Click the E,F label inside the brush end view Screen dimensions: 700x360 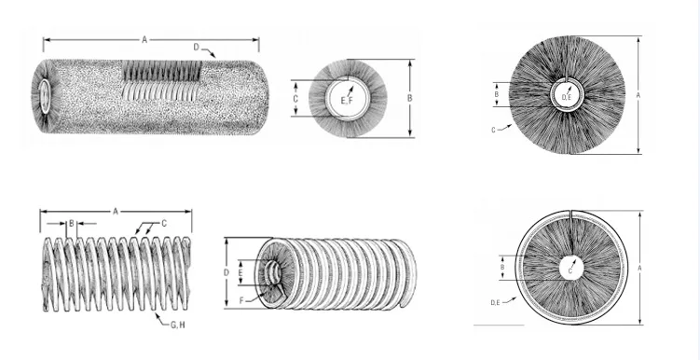tap(347, 101)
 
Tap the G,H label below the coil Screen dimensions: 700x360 tap(177, 325)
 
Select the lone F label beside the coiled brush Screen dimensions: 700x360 tap(242, 300)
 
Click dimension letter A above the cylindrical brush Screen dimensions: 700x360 tap(144, 40)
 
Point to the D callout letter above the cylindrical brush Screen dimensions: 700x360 tap(196, 47)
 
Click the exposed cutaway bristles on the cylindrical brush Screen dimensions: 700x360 tap(162, 71)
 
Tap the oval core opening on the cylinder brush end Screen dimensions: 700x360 tap(45, 96)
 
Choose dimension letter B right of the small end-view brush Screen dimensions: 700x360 tap(410, 98)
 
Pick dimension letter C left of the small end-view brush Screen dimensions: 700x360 tap(295, 99)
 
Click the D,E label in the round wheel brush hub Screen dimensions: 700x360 tap(567, 96)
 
